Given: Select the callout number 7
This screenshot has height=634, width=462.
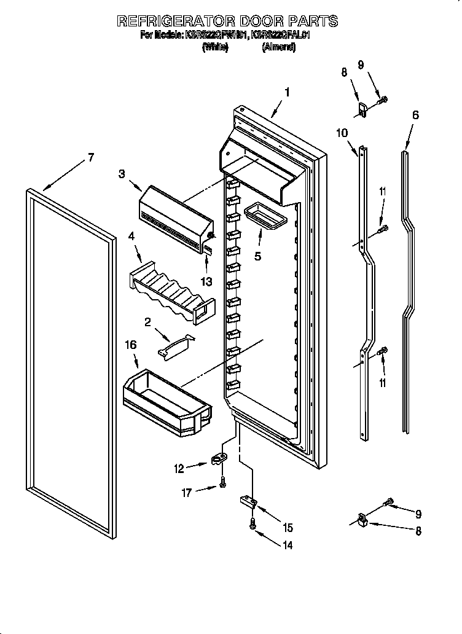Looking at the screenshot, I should [90, 158].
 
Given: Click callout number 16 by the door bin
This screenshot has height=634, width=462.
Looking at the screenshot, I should [131, 346].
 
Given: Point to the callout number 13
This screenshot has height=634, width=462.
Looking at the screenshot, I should [207, 282].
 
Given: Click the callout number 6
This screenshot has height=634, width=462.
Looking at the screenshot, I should [415, 115].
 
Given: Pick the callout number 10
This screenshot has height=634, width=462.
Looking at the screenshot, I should [342, 132].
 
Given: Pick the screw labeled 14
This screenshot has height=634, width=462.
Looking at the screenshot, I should [253, 523].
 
